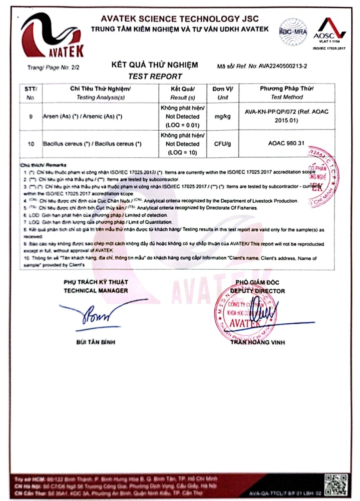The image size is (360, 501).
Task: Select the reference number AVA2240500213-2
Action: [x=283, y=67]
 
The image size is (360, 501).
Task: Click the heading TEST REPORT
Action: [x=155, y=77]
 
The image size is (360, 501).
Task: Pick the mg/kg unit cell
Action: [x=223, y=117]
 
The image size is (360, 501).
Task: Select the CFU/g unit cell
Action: [x=223, y=144]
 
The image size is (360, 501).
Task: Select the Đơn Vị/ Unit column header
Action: [x=223, y=93]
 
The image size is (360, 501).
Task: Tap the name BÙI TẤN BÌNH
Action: [x=96, y=342]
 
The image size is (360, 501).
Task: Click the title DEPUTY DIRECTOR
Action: [x=257, y=291]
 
